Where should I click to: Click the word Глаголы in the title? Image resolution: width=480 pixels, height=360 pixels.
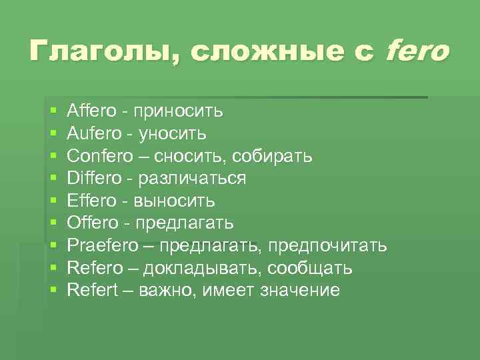[99, 52]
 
